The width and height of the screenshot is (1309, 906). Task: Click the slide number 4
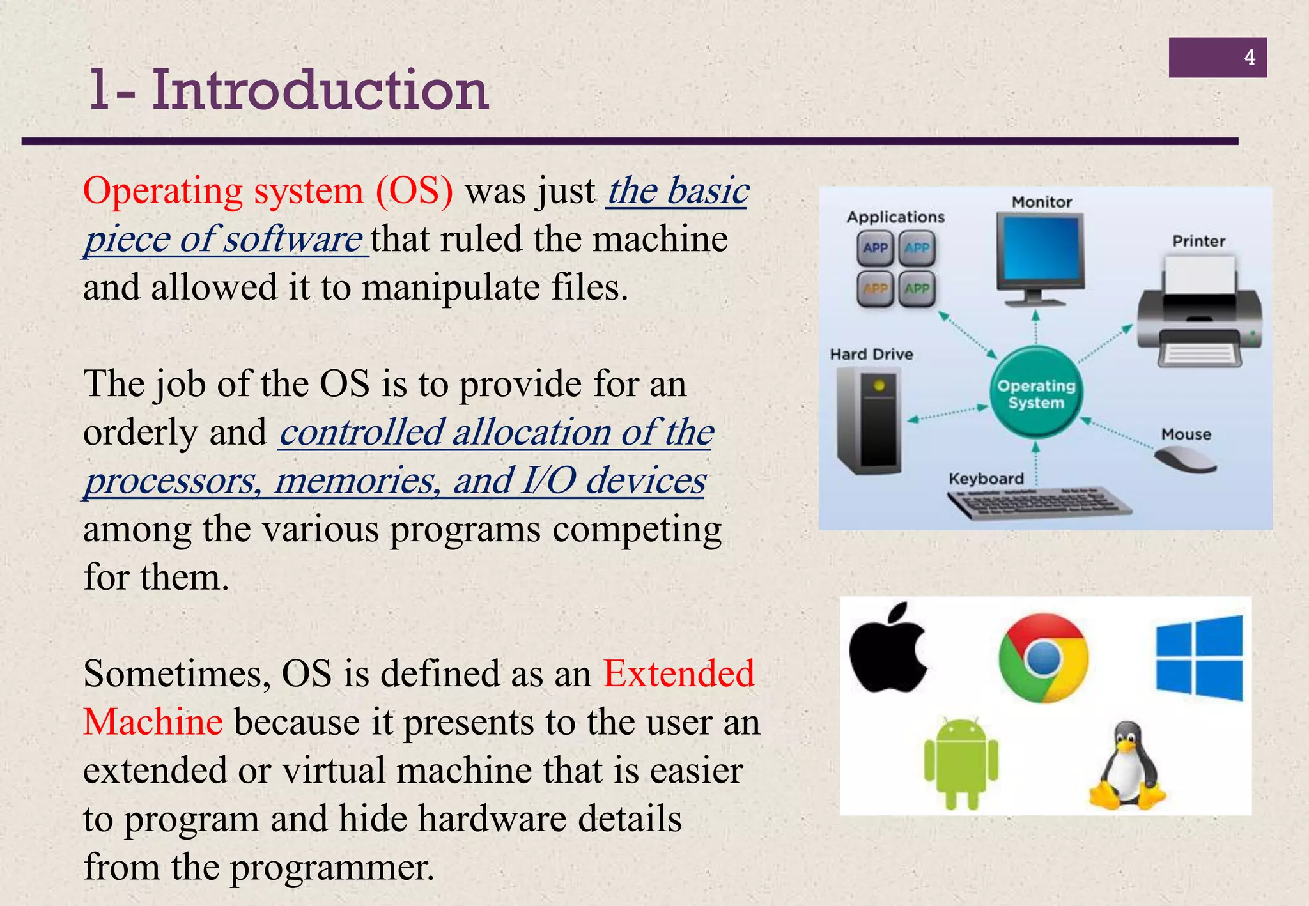click(x=1249, y=58)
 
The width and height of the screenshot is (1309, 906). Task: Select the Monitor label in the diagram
click(x=1041, y=202)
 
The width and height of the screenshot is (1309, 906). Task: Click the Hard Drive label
click(x=871, y=354)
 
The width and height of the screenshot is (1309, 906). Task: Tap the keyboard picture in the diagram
click(x=1039, y=503)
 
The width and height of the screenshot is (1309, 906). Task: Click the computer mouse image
click(x=1186, y=459)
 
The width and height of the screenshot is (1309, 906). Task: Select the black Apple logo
click(x=888, y=649)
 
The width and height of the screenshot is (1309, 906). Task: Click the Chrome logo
click(x=1043, y=658)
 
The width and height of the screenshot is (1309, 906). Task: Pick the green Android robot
click(x=961, y=763)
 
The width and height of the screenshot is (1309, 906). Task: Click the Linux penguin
click(x=1127, y=766)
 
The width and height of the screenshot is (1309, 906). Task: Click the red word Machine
click(x=153, y=722)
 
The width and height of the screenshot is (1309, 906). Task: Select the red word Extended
click(x=679, y=673)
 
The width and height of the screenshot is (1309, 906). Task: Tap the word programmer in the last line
click(x=332, y=868)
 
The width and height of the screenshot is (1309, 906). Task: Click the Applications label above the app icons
click(x=895, y=217)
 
